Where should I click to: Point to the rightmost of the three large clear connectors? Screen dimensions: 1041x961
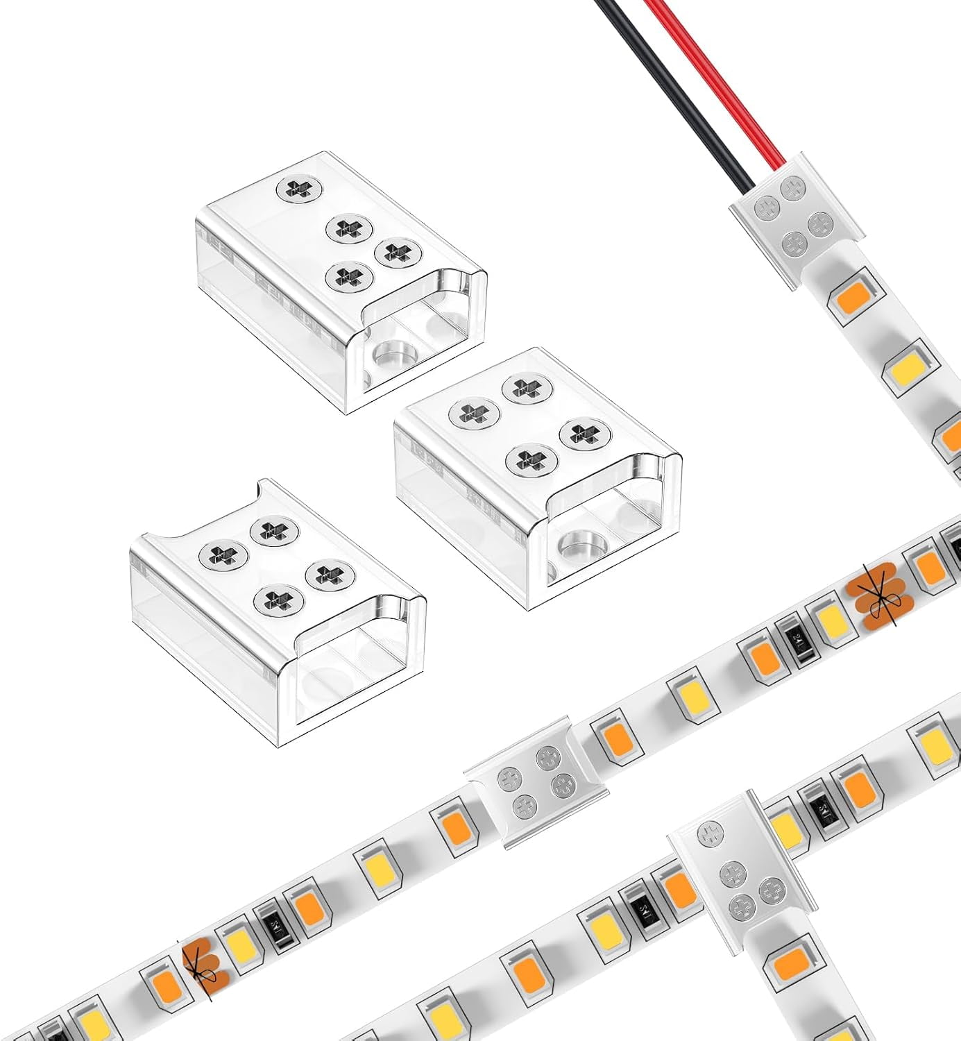pyautogui.click(x=538, y=479)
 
